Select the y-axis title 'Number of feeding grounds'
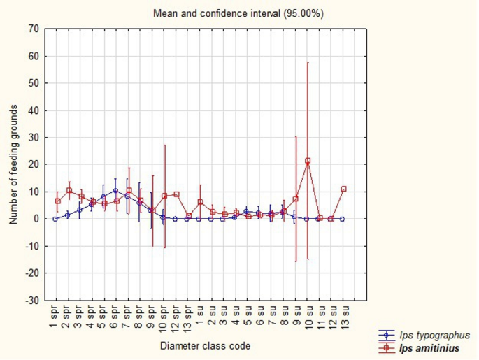13,164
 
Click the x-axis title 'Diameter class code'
206,346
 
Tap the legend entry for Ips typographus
424,336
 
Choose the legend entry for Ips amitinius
419,348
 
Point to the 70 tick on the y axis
34,29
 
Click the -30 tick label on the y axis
32,301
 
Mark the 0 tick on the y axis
36,219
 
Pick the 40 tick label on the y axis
34,110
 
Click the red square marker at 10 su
308,161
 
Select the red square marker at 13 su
343,189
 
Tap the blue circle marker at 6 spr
115,191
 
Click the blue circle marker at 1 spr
55,219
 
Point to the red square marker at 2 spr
69,190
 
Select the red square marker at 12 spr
177,194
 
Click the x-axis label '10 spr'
164,319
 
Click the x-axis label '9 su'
296,315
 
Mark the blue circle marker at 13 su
342,219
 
